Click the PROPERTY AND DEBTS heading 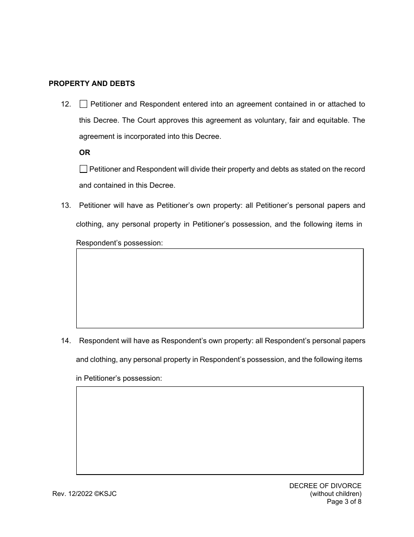(92, 83)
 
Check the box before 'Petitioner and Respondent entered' (83, 104)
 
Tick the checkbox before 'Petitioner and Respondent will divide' (83, 169)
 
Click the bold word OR (85, 153)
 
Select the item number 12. (66, 104)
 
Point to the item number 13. (66, 206)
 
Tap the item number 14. (66, 341)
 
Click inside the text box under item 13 (220, 288)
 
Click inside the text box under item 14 (220, 430)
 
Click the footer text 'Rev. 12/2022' (72, 494)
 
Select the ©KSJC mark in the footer (105, 494)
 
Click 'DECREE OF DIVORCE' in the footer (325, 486)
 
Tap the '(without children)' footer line (336, 494)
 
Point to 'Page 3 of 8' (344, 502)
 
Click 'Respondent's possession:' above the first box (119, 243)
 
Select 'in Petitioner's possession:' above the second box (119, 379)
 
